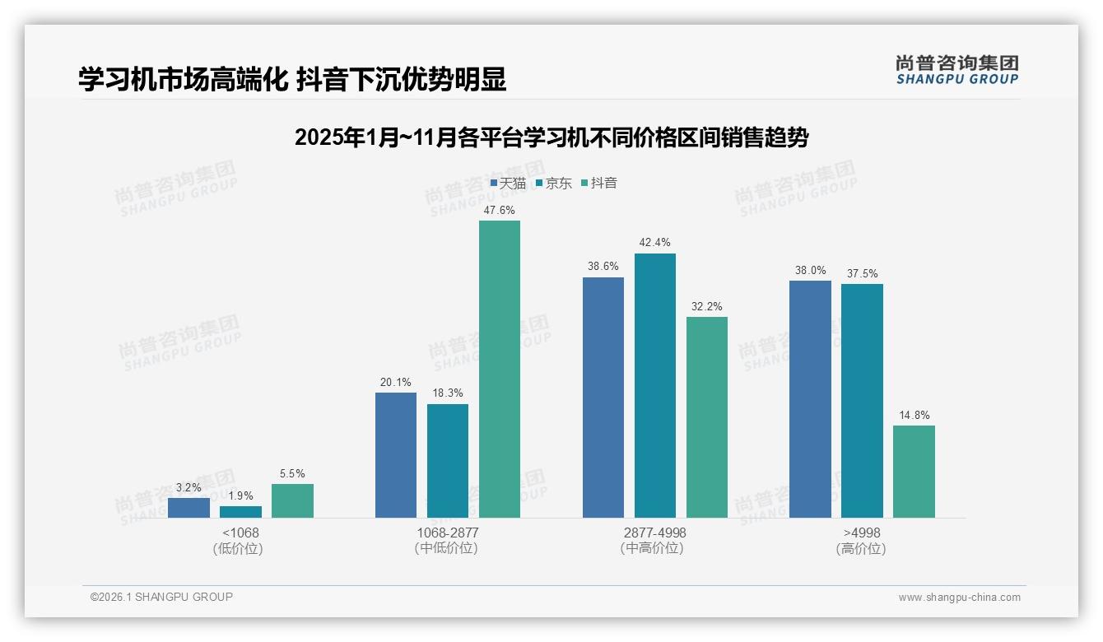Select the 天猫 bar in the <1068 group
point(188,508)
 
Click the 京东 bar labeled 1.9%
point(240,512)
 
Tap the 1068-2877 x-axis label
point(447,533)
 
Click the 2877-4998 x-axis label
point(654,533)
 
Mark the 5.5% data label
point(292,474)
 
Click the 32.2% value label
point(707,307)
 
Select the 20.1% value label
point(396,383)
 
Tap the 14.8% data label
point(915,416)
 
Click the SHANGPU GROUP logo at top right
point(956,70)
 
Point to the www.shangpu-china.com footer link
point(959,598)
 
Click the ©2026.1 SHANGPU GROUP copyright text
point(161,597)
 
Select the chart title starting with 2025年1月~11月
point(551,138)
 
